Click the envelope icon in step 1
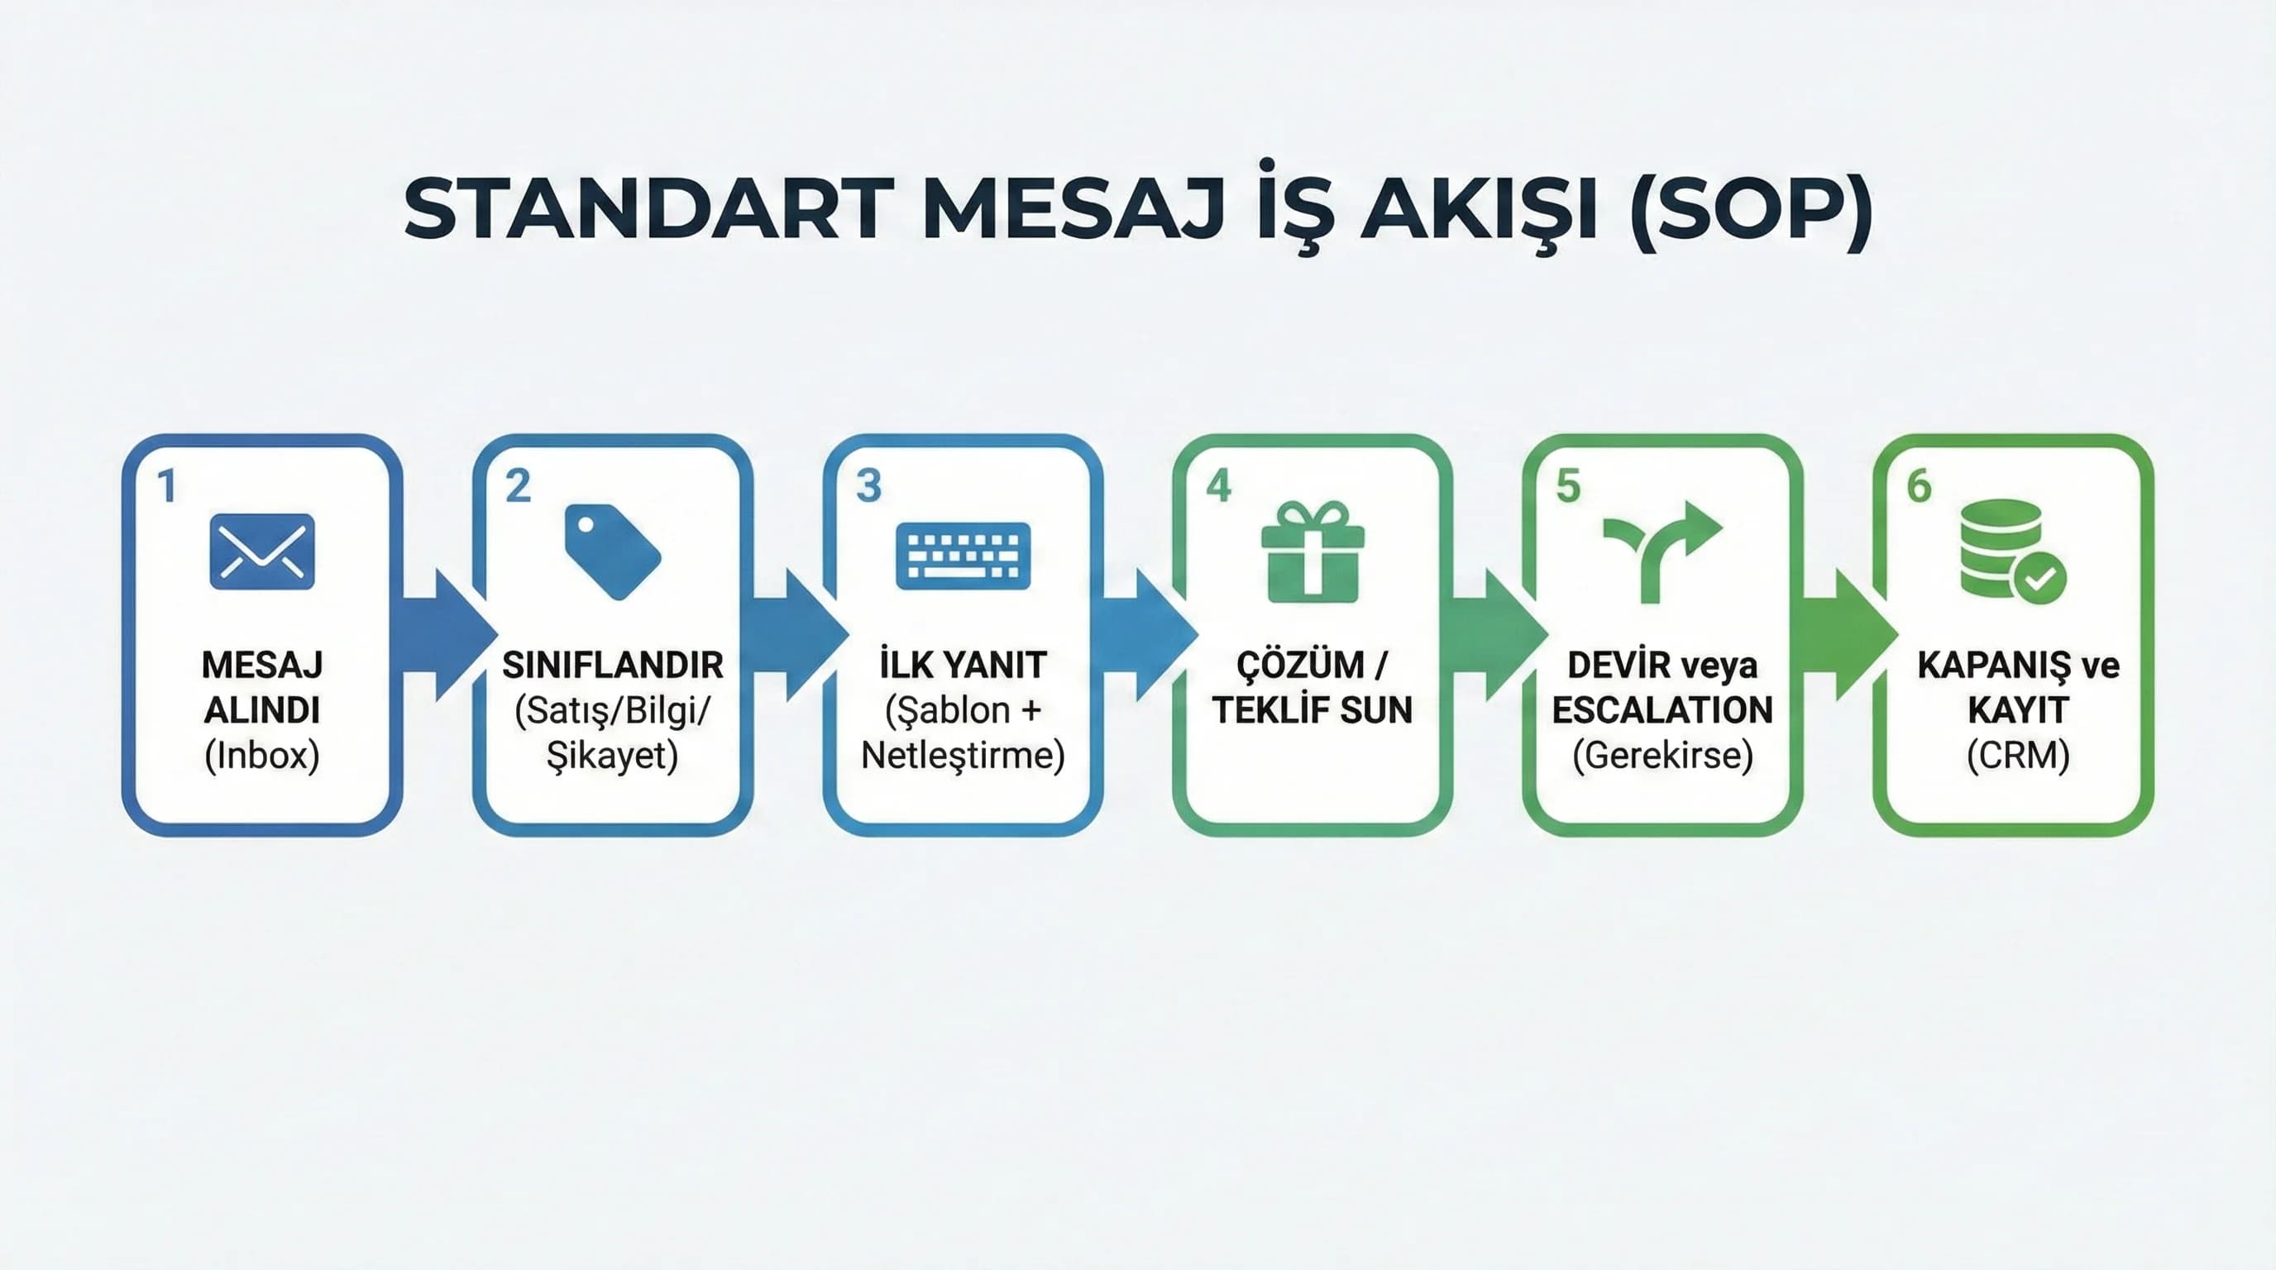click(261, 551)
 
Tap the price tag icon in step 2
click(612, 551)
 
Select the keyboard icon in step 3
click(963, 555)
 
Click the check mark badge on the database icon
click(2039, 579)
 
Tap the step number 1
click(166, 485)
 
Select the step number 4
click(1218, 485)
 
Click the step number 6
click(1919, 485)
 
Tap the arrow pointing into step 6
click(1850, 634)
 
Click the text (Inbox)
click(261, 755)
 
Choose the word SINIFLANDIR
click(612, 665)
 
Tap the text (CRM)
click(2018, 755)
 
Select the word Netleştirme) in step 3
click(963, 755)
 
